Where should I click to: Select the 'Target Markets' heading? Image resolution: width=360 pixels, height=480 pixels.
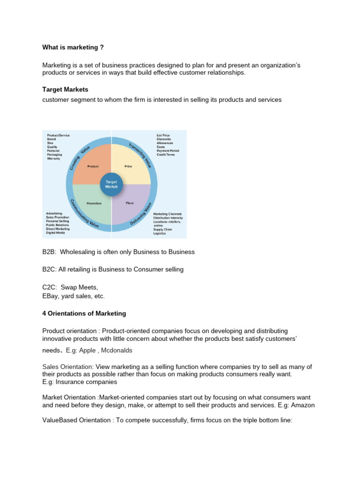pyautogui.click(x=65, y=89)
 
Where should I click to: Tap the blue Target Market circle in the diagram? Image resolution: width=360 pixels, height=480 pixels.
pyautogui.click(x=112, y=183)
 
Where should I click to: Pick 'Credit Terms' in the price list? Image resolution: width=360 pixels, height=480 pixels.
pyautogui.click(x=165, y=154)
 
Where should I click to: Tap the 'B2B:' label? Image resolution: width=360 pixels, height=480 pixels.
pyautogui.click(x=49, y=252)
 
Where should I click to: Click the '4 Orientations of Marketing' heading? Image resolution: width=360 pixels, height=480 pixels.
pyautogui.click(x=84, y=314)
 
